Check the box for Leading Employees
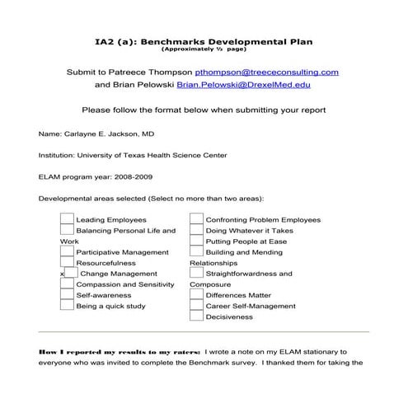pos(67,220)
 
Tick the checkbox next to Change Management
pos(72,274)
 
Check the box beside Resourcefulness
pos(67,263)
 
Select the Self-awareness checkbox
pos(67,295)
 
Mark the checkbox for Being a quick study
pos(67,306)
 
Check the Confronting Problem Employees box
pos(196,220)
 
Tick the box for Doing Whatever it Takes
pos(196,231)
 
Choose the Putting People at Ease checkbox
pos(196,242)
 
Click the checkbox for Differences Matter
pos(196,295)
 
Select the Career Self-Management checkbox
pos(196,306)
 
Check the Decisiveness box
pos(196,317)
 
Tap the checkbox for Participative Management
pos(67,252)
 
